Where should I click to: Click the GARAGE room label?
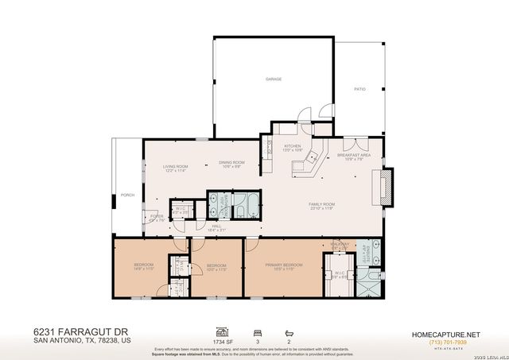pos(274,79)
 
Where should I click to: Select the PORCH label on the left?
pos(126,195)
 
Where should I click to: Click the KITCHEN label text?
pos(293,146)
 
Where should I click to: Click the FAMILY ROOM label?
pos(322,204)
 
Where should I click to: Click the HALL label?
pos(216,226)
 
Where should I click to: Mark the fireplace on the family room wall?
pos(386,186)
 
